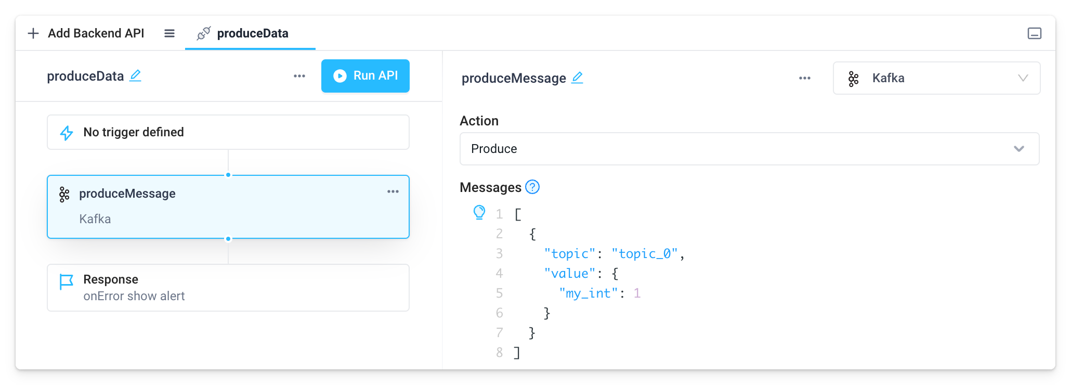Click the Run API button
pyautogui.click(x=365, y=76)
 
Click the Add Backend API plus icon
pyautogui.click(x=33, y=33)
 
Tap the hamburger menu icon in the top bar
pyautogui.click(x=169, y=33)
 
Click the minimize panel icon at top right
pyautogui.click(x=1035, y=33)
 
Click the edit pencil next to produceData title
pyautogui.click(x=136, y=75)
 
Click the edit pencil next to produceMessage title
pyautogui.click(x=577, y=78)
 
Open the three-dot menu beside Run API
pyautogui.click(x=299, y=76)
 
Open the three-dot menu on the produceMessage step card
pyautogui.click(x=393, y=191)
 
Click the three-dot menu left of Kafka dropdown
pyautogui.click(x=805, y=78)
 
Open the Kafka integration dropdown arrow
pyautogui.click(x=1023, y=78)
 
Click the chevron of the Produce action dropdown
pyautogui.click(x=1019, y=149)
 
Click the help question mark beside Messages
pyautogui.click(x=532, y=187)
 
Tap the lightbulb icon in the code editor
pyautogui.click(x=479, y=212)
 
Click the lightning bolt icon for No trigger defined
pyautogui.click(x=67, y=133)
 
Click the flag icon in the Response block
pyautogui.click(x=66, y=281)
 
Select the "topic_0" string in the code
pyautogui.click(x=645, y=253)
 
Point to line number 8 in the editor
pyautogui.click(x=500, y=352)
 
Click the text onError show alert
pyautogui.click(x=134, y=296)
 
